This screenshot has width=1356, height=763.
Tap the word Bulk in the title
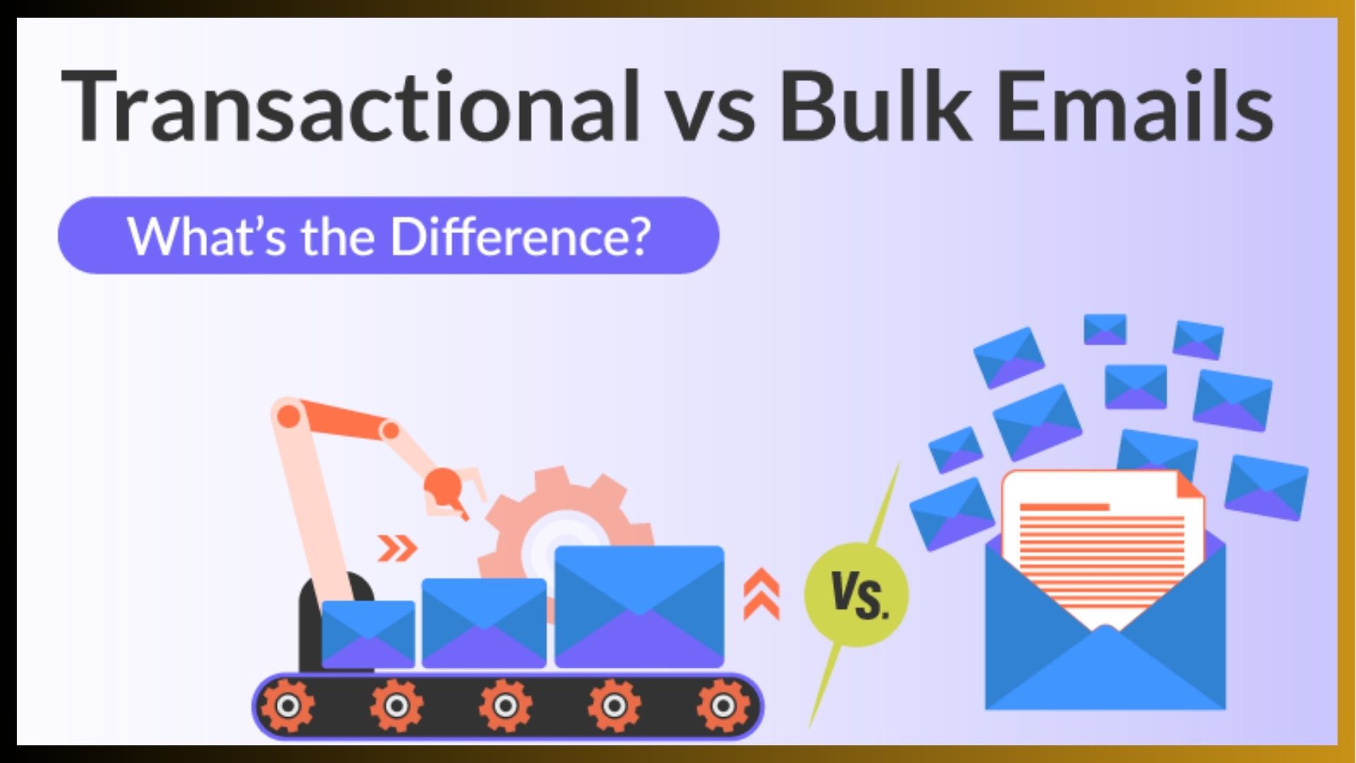click(x=876, y=106)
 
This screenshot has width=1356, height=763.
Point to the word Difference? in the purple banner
click(x=521, y=236)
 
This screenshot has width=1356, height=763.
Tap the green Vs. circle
click(x=857, y=594)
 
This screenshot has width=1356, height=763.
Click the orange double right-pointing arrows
click(x=397, y=548)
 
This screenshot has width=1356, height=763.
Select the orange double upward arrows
click(x=762, y=595)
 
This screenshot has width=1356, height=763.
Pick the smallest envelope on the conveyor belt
click(x=368, y=634)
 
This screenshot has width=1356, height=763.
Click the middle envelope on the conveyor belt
click(x=484, y=622)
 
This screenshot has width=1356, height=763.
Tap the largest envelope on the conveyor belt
click(x=639, y=607)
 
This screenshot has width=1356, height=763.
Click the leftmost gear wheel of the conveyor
click(x=287, y=706)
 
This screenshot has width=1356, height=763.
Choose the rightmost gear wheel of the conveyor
click(x=722, y=706)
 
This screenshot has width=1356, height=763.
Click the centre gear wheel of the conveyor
click(x=505, y=706)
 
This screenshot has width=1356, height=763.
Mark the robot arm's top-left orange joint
click(x=288, y=416)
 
